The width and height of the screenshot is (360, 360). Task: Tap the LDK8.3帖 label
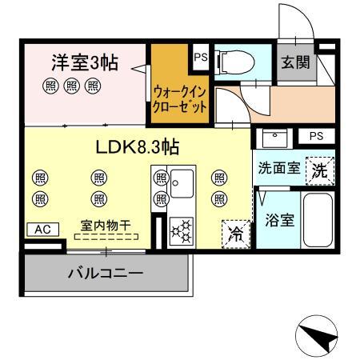tap(136, 146)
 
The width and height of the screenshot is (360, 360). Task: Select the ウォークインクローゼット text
tap(181, 99)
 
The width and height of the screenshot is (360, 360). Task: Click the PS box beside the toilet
tap(199, 57)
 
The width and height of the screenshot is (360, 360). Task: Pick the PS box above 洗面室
tap(316, 137)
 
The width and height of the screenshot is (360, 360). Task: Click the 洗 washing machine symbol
tap(319, 170)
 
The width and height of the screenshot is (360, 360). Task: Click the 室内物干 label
tap(106, 226)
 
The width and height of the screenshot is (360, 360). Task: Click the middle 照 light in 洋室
tap(72, 86)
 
